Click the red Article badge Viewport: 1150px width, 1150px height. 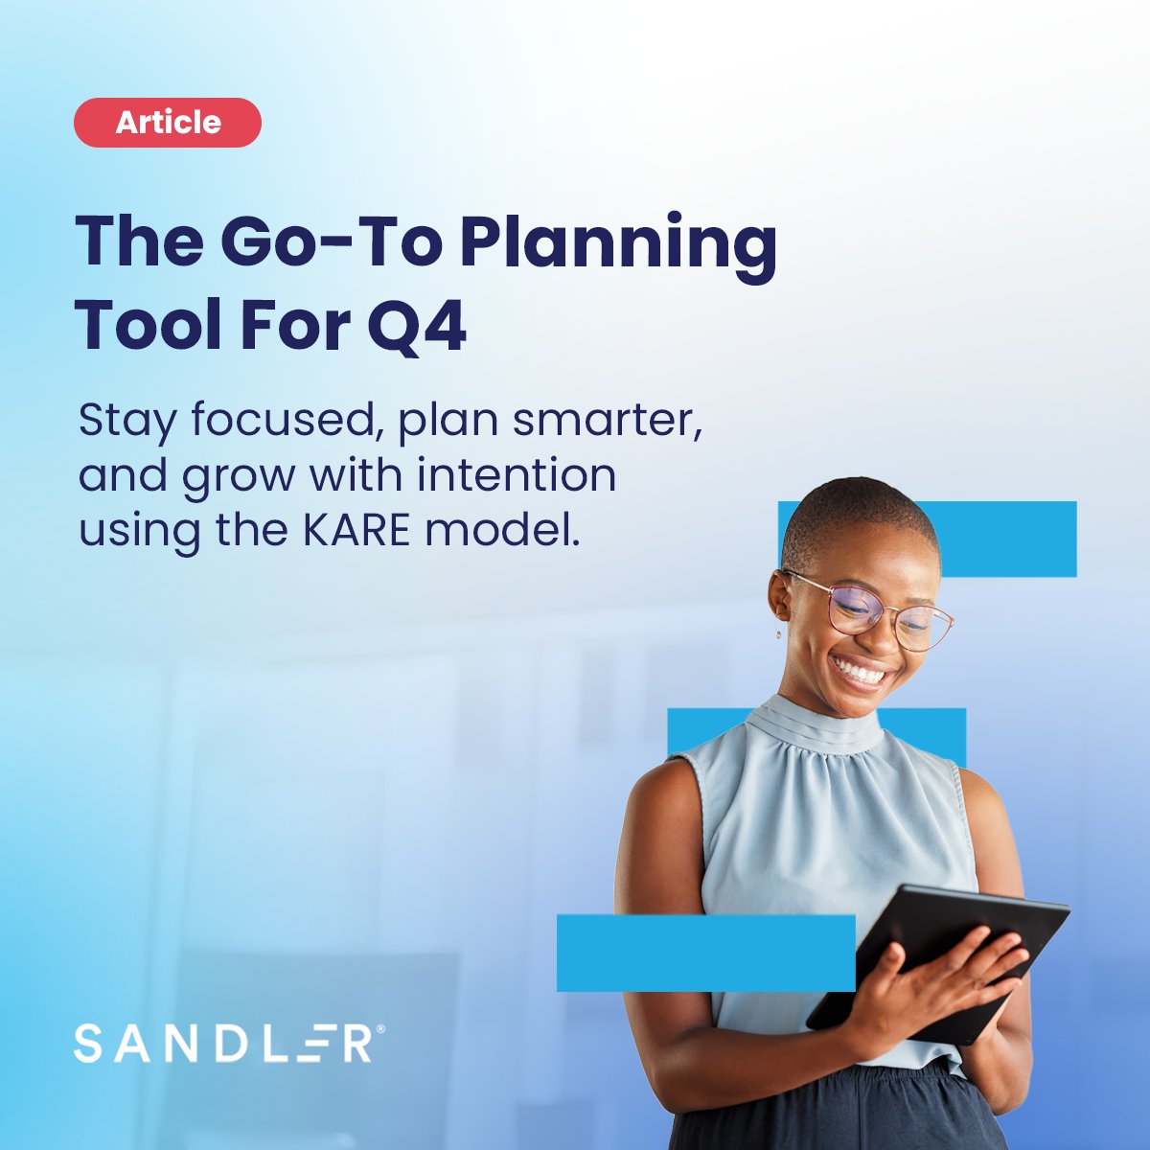pyautogui.click(x=168, y=123)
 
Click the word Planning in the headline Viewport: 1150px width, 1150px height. pyautogui.click(x=618, y=245)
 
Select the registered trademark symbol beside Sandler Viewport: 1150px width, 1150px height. pyautogui.click(x=380, y=1028)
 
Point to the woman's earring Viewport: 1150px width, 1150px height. pyautogui.click(x=779, y=632)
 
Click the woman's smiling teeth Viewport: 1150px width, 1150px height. pyautogui.click(x=861, y=674)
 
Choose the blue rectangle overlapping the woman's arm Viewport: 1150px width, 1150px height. pyautogui.click(x=705, y=953)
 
